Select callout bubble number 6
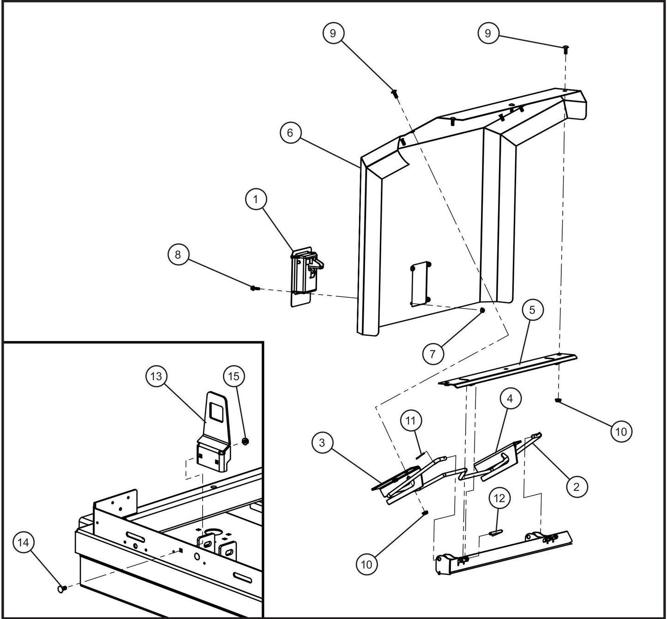click(290, 133)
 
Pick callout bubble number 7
click(433, 354)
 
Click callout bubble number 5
click(532, 310)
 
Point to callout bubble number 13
click(156, 376)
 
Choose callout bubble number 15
click(234, 376)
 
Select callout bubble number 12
click(501, 499)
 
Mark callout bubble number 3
click(322, 443)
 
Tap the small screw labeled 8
click(254, 288)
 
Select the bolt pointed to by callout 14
click(62, 589)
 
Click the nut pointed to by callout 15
click(246, 441)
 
